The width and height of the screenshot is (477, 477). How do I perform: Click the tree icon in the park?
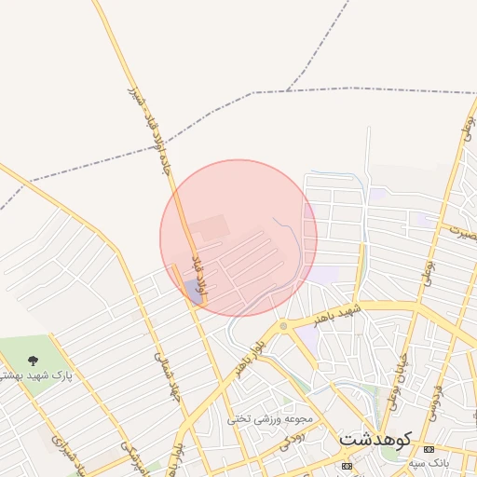click(x=34, y=360)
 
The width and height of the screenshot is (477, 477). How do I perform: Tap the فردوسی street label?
click(x=434, y=391)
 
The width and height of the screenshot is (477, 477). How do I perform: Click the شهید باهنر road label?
click(x=336, y=310)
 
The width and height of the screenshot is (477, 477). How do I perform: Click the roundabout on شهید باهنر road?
click(x=282, y=326)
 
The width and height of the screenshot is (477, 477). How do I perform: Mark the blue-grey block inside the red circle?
click(x=194, y=291)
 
